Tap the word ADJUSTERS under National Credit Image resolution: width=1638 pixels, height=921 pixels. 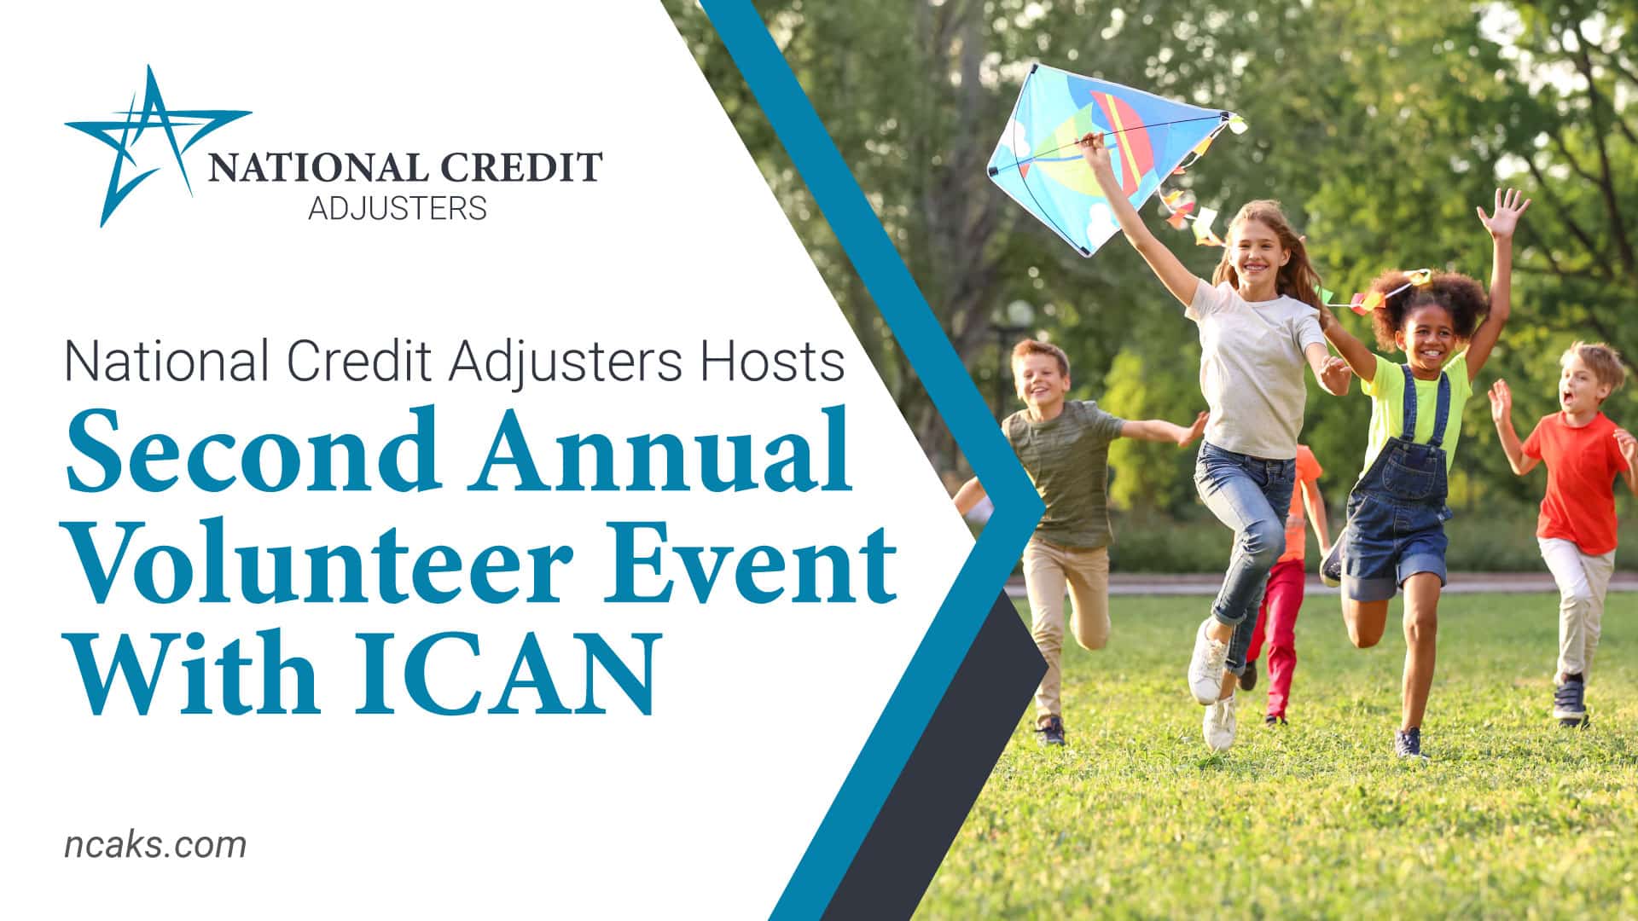click(x=398, y=207)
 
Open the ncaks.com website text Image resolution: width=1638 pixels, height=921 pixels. click(x=155, y=845)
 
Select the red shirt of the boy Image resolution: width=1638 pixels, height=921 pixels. click(x=1577, y=482)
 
